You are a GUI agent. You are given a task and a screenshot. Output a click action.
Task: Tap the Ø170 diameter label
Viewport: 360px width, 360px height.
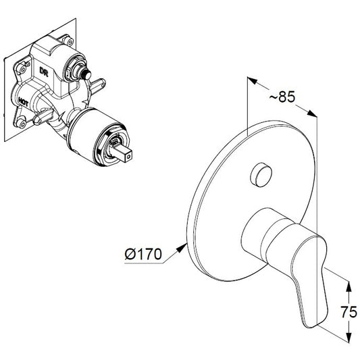point(143,254)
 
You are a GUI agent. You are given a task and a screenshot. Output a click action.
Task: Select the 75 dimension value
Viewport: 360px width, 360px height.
point(349,312)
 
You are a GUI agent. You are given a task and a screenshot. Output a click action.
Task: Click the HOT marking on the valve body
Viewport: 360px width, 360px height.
point(23,102)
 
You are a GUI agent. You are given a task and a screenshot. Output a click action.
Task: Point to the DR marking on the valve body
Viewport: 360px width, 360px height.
point(44,71)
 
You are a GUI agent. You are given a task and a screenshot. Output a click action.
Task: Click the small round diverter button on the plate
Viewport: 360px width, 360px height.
point(261,175)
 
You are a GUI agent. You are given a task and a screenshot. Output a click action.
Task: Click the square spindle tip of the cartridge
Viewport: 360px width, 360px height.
point(124,154)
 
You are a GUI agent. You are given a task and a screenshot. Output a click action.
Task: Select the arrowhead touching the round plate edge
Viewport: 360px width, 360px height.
point(182,248)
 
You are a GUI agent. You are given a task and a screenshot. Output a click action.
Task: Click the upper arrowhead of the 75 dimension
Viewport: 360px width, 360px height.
point(349,287)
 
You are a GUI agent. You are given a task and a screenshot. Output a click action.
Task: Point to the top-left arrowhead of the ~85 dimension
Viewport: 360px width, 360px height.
point(252,81)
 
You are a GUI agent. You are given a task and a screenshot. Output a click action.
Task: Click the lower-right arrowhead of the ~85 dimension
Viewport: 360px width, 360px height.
point(312,113)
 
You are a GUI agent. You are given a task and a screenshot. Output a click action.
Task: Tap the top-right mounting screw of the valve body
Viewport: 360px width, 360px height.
point(69,42)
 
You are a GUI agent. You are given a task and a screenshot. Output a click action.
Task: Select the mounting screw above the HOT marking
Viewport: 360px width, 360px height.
point(22,68)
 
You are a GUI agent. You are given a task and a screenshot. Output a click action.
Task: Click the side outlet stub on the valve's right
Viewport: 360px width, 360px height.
point(98,84)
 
